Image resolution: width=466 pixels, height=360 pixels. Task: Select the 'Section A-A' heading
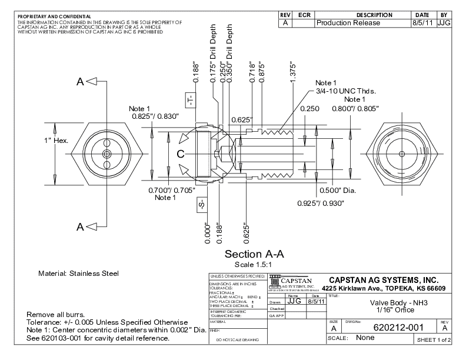coord(254,254)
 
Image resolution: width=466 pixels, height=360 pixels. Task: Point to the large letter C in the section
coord(181,154)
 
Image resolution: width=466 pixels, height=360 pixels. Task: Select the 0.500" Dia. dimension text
coord(322,190)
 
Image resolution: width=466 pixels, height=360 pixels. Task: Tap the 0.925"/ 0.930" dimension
coord(320,203)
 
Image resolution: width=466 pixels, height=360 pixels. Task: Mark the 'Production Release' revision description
coord(348,23)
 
